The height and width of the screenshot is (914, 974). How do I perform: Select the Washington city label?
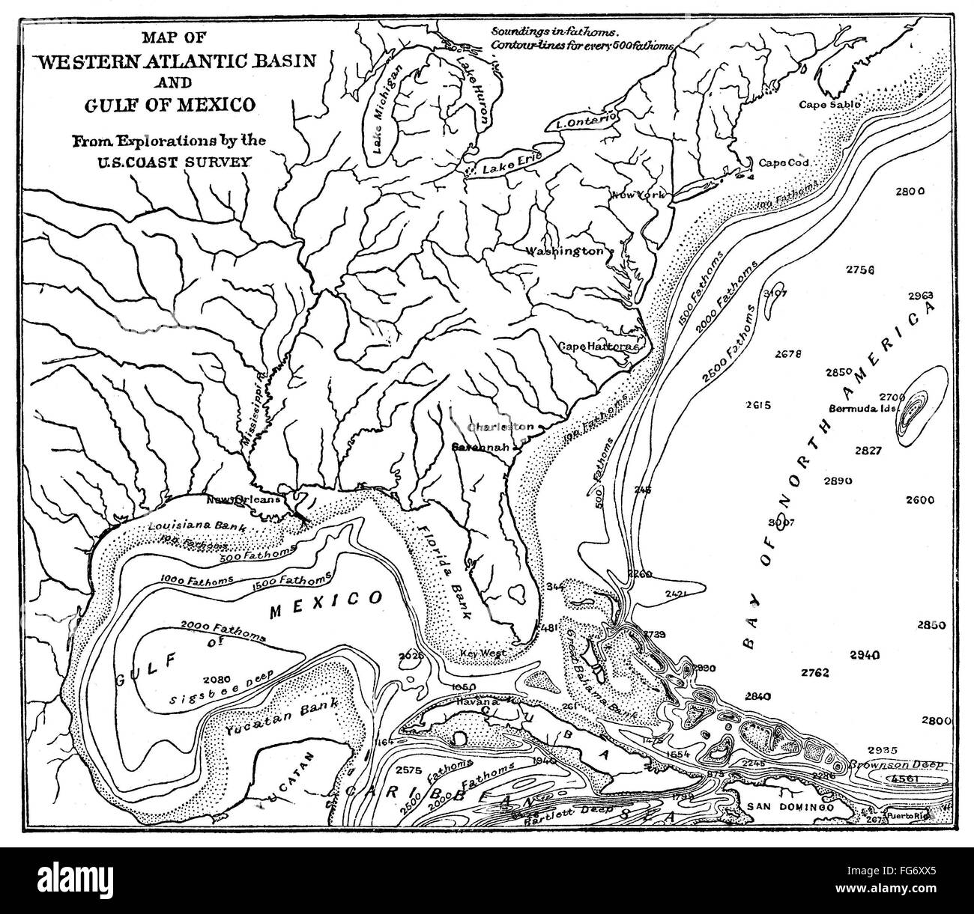point(564,251)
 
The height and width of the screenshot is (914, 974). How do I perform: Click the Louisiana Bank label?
point(198,526)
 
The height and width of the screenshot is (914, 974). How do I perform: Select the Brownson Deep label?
point(895,765)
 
